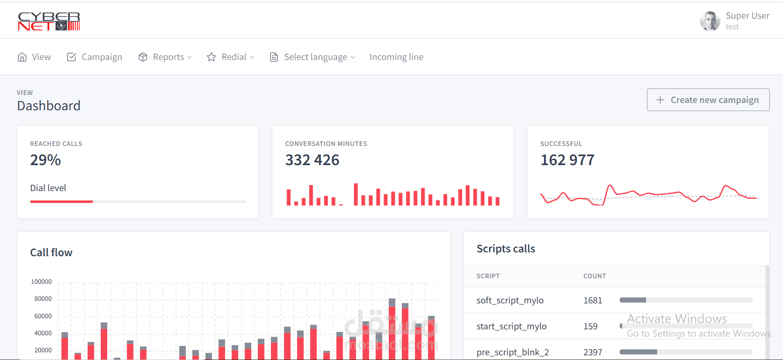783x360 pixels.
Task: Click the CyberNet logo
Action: (49, 21)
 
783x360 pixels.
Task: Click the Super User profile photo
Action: (710, 21)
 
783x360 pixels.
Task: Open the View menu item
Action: (34, 57)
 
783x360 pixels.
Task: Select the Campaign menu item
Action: (94, 57)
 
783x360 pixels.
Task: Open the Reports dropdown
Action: (165, 57)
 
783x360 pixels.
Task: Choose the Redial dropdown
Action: (231, 57)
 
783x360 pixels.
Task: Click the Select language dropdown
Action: (313, 57)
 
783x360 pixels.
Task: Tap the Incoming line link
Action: (396, 57)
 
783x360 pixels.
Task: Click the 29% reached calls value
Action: (46, 160)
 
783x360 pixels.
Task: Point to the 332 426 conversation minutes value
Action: (312, 160)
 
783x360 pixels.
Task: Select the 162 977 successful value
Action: (567, 160)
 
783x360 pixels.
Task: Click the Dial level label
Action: (48, 188)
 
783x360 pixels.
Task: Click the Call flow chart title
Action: (51, 253)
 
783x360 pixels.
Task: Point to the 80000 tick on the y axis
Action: (43, 299)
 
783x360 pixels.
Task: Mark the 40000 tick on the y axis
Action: (43, 333)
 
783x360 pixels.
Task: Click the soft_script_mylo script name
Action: (510, 300)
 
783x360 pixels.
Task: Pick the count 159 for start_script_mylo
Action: (590, 326)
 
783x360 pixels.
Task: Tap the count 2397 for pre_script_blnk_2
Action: (593, 352)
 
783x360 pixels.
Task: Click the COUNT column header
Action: (595, 276)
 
